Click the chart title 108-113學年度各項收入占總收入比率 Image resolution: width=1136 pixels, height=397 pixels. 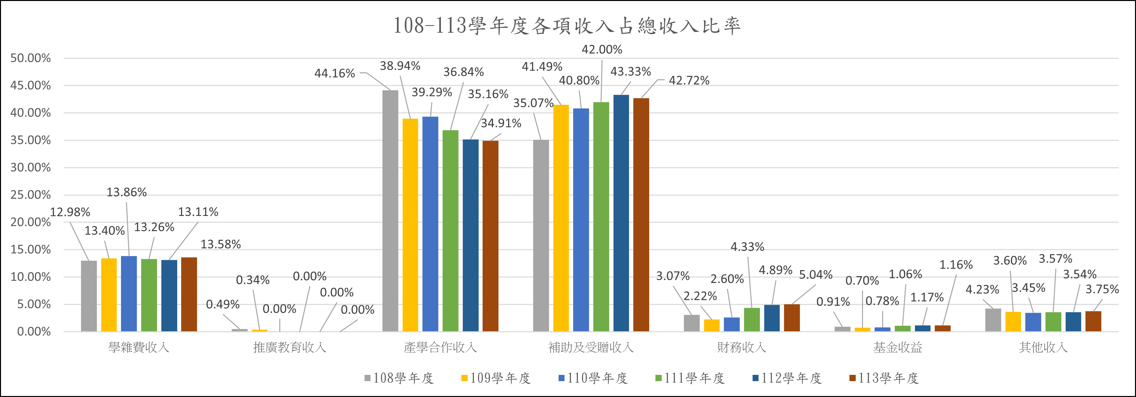click(567, 25)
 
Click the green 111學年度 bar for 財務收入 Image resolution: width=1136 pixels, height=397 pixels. click(752, 319)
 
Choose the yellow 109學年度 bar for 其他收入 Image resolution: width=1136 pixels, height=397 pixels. click(1013, 321)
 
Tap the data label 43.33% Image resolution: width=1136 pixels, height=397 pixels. click(630, 71)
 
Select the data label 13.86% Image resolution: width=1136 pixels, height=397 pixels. click(127, 192)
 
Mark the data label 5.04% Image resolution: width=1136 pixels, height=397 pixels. click(815, 275)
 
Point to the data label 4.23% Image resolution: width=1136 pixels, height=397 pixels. click(982, 289)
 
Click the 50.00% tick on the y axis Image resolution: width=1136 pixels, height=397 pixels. click(30, 58)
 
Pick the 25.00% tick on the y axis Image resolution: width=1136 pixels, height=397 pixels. click(30, 195)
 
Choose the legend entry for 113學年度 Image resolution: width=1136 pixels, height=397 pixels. click(884, 378)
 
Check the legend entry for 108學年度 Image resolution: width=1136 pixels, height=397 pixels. click(399, 378)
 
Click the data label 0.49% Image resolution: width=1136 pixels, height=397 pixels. click(223, 304)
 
